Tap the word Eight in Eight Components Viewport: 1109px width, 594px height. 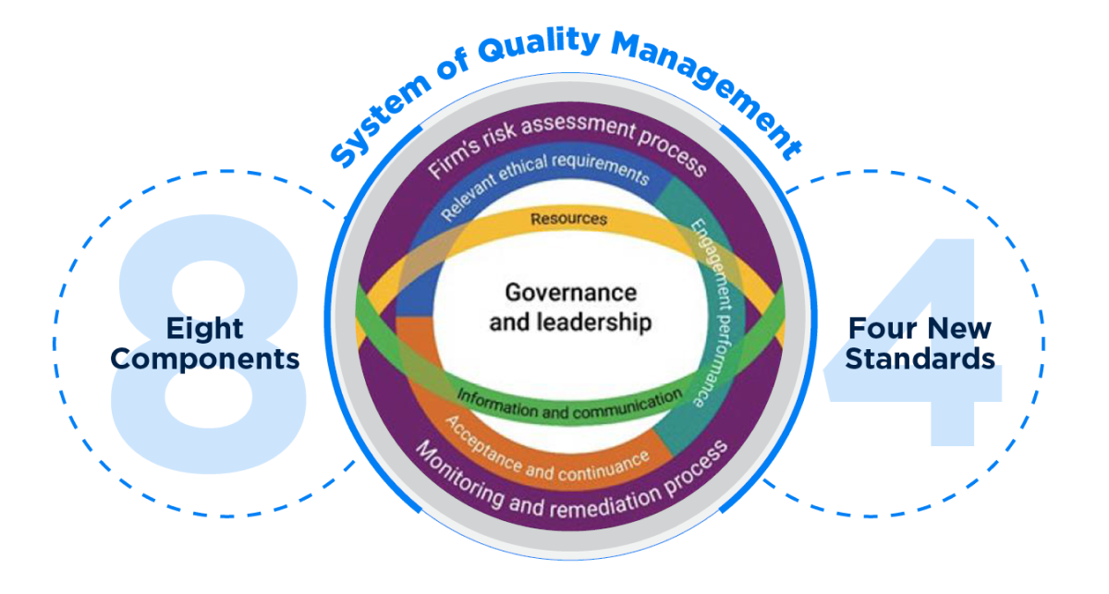(204, 329)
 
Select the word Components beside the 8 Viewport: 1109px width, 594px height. (205, 358)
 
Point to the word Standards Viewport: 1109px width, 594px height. (920, 358)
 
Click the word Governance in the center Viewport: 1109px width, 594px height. (570, 293)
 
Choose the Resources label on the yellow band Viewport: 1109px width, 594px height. (568, 220)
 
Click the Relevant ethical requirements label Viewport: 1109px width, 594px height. (544, 181)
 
